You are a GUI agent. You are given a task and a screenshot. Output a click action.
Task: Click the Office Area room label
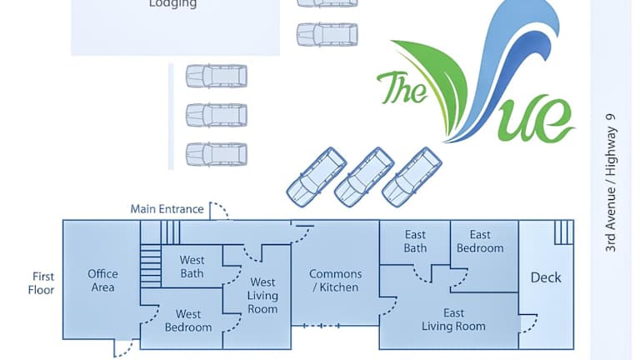tap(102, 280)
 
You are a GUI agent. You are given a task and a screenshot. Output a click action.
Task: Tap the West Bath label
tap(192, 267)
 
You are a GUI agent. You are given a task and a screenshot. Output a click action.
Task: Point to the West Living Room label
tap(262, 296)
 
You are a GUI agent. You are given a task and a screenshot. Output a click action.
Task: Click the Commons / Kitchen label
tap(335, 280)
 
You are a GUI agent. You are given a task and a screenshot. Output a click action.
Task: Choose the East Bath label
tap(415, 242)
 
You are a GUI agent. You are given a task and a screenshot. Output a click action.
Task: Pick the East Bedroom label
tap(480, 242)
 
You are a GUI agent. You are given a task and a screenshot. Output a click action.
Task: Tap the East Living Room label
tap(453, 320)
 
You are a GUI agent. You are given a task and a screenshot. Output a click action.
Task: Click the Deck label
tap(546, 277)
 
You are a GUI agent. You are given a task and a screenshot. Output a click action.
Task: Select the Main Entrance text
tap(167, 209)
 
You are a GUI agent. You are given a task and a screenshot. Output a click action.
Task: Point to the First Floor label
tap(43, 283)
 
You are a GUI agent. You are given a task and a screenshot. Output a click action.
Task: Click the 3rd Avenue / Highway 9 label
tap(612, 183)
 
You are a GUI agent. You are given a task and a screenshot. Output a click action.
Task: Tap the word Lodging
tap(172, 4)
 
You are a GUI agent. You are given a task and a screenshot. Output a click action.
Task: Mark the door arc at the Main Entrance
tap(218, 210)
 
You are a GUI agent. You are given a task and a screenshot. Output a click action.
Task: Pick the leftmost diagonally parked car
tap(317, 176)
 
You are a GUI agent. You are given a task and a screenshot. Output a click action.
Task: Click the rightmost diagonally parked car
tap(412, 176)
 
